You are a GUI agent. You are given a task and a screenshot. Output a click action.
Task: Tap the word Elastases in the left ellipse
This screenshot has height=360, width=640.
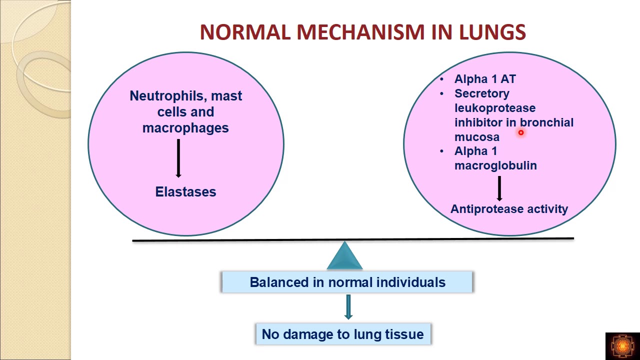pyautogui.click(x=185, y=192)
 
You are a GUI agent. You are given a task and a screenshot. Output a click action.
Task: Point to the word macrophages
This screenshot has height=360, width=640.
pyautogui.click(x=185, y=128)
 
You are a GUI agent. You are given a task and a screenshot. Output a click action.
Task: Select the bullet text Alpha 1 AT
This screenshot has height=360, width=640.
pyautogui.click(x=484, y=79)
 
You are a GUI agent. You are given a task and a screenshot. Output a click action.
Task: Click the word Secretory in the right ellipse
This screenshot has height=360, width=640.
pyautogui.click(x=481, y=93)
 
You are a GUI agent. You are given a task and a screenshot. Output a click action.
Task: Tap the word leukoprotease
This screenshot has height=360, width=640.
pyautogui.click(x=494, y=108)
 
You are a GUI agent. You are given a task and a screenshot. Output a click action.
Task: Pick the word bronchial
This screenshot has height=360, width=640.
pyautogui.click(x=546, y=122)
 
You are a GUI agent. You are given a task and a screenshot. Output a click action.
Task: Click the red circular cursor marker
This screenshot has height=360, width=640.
pyautogui.click(x=520, y=132)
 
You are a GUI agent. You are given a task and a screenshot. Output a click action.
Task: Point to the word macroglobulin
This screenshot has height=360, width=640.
pyautogui.click(x=495, y=165)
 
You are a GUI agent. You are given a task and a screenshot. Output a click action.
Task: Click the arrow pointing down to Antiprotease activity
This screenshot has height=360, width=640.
pyautogui.click(x=499, y=188)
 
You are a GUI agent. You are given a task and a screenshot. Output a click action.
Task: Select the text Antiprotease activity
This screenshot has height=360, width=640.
pyautogui.click(x=509, y=209)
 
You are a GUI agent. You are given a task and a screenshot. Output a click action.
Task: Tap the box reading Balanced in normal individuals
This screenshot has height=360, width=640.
pyautogui.click(x=347, y=282)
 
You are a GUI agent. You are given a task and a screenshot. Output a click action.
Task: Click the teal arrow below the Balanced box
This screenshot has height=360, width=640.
pyautogui.click(x=348, y=306)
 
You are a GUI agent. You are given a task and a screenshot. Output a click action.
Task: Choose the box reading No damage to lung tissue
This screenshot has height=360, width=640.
pyautogui.click(x=342, y=334)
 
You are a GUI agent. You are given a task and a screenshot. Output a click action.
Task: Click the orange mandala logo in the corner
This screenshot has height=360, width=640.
pyautogui.click(x=622, y=345)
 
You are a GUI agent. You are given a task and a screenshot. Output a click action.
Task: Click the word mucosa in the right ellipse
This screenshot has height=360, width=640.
pyautogui.click(x=476, y=137)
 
